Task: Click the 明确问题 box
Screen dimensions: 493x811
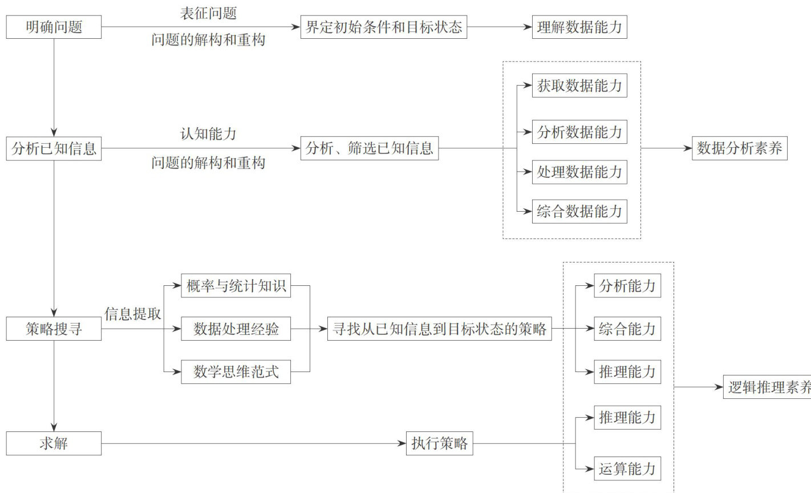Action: point(54,27)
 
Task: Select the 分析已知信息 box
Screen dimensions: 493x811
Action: point(54,149)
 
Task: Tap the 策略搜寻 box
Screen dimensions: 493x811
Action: point(54,329)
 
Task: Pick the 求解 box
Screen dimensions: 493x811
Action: point(54,443)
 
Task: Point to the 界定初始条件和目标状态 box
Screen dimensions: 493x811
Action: point(383,27)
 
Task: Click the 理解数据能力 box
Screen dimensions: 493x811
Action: point(579,27)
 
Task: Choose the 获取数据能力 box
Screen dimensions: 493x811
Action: point(579,86)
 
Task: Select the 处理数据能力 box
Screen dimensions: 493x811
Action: point(579,172)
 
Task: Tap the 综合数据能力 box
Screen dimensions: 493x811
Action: point(579,212)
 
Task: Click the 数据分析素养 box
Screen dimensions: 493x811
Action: point(739,149)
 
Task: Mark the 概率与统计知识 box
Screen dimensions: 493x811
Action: point(236,286)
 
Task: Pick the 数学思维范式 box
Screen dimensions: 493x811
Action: point(236,372)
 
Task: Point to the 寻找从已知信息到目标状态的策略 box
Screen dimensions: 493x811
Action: point(439,329)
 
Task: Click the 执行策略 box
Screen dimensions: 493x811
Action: point(439,443)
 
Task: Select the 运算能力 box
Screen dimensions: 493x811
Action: point(627,469)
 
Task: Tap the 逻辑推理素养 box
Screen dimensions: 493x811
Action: point(768,387)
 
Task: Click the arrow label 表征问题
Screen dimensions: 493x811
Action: point(208,13)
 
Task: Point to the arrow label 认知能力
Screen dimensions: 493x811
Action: point(208,134)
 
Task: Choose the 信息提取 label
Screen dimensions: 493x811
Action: point(132,314)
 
